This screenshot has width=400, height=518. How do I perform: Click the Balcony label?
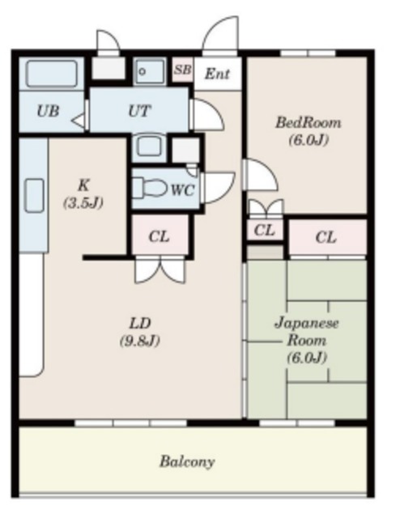coord(187,462)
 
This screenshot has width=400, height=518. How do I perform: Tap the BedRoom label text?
coord(308,123)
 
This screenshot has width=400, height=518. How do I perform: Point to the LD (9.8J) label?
coord(139,331)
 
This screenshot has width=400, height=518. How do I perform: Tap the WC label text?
coord(181,189)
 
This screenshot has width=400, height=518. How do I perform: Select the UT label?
coord(138,111)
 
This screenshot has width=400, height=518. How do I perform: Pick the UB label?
coord(48,112)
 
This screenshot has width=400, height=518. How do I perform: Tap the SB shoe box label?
coord(182,70)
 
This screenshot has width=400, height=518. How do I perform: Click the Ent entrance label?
coord(217,74)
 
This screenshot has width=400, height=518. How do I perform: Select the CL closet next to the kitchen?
coord(160,236)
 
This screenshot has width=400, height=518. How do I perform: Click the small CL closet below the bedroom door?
coord(265,231)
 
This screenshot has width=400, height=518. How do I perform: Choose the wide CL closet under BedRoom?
coord(326,237)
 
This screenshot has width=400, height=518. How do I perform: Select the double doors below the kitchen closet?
coord(160,269)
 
